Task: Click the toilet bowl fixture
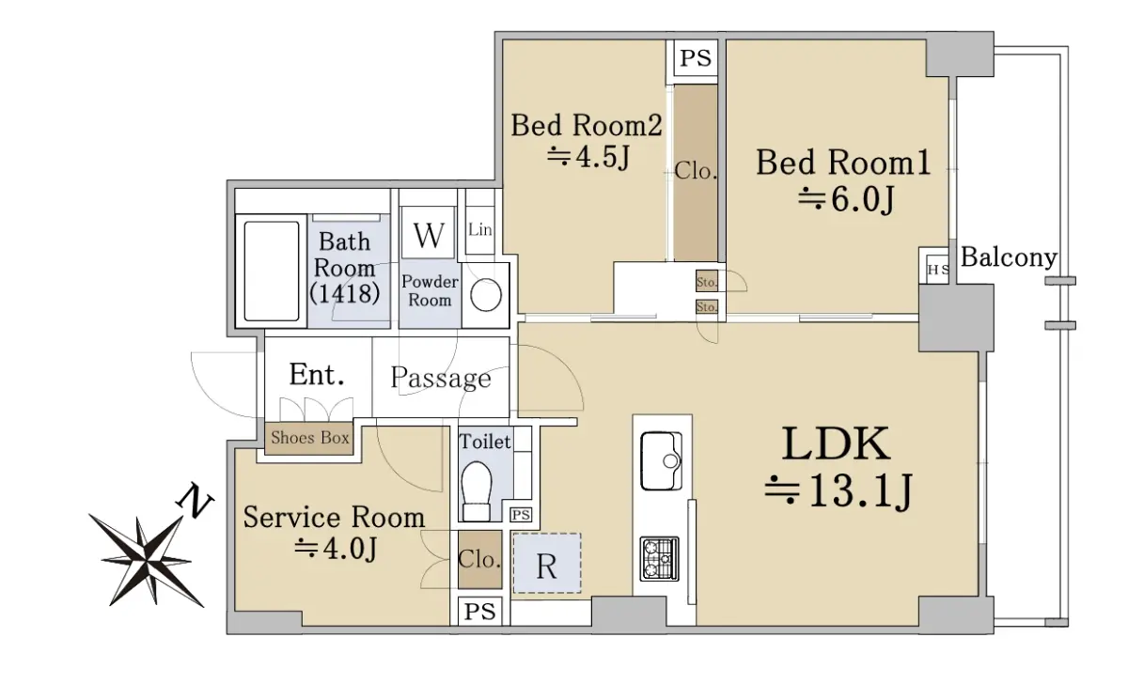point(477,490)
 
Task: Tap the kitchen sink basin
point(661,460)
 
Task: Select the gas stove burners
point(659,559)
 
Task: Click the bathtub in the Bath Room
point(272,272)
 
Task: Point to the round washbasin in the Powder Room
point(486,295)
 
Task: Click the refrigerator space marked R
point(547,563)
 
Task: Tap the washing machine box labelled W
point(429,235)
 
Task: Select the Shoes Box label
point(309,438)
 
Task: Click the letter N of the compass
point(195,500)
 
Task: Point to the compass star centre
point(146,559)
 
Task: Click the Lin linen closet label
point(480,229)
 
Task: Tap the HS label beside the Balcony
point(938,270)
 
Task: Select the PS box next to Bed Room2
point(696,58)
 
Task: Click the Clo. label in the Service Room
point(479,560)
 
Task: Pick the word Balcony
point(1009,258)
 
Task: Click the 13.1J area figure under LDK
point(838,491)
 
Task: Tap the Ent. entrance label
point(317,375)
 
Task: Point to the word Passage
point(441,378)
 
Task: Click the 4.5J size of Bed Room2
point(588,157)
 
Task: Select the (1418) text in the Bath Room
point(344,293)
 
